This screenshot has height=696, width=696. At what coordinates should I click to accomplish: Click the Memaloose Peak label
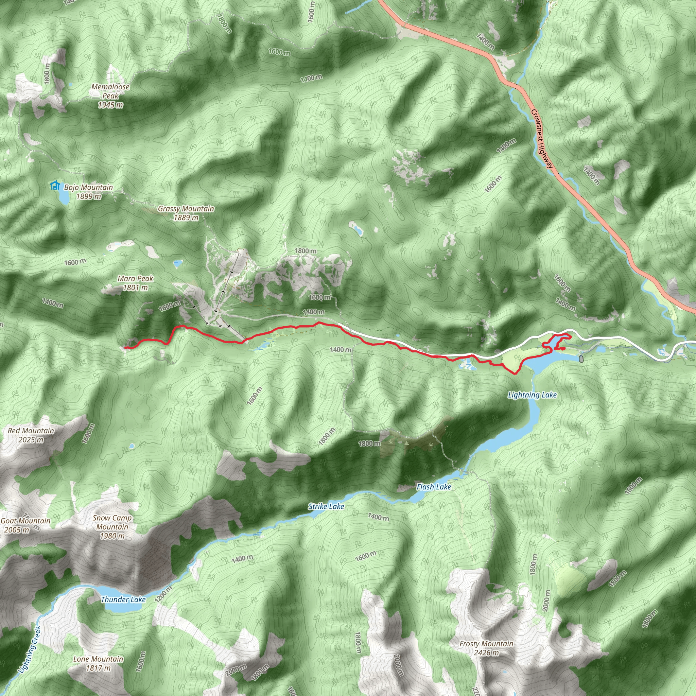pyautogui.click(x=110, y=91)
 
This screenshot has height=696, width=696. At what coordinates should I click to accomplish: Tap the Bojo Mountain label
pyautogui.click(x=88, y=187)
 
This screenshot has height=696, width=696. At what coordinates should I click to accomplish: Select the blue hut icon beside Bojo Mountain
pyautogui.click(x=55, y=185)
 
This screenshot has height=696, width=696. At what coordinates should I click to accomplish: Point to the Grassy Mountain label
pyautogui.click(x=186, y=209)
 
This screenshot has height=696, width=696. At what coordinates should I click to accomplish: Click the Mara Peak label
pyautogui.click(x=136, y=278)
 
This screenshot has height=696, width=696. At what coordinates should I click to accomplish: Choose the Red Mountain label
pyautogui.click(x=31, y=431)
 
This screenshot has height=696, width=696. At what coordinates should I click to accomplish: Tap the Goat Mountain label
pyautogui.click(x=25, y=521)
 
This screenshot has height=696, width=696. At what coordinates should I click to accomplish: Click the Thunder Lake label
pyautogui.click(x=123, y=599)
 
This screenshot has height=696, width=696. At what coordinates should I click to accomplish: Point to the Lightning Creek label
pyautogui.click(x=30, y=649)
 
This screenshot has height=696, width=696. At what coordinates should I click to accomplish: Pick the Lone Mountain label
pyautogui.click(x=98, y=659)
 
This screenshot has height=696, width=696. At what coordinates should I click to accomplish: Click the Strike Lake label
pyautogui.click(x=326, y=506)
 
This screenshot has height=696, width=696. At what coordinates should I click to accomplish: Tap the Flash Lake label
pyautogui.click(x=434, y=487)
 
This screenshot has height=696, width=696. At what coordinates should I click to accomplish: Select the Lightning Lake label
pyautogui.click(x=532, y=395)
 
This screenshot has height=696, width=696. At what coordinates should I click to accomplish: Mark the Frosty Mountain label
pyautogui.click(x=486, y=643)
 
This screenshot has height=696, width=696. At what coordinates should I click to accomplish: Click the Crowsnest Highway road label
pyautogui.click(x=541, y=139)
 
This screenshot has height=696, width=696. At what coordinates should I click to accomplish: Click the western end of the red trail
pyautogui.click(x=125, y=347)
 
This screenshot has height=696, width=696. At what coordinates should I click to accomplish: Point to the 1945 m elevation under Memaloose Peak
pyautogui.click(x=110, y=105)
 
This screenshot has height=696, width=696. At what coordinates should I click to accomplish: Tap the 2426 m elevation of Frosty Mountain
pyautogui.click(x=486, y=652)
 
